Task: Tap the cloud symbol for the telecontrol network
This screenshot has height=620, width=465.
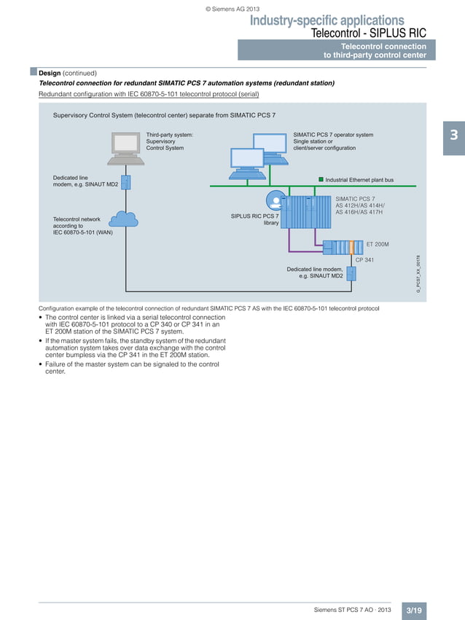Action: tap(125, 219)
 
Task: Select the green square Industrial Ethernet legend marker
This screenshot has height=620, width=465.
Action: tap(320, 178)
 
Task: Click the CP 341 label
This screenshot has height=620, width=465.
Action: tap(364, 259)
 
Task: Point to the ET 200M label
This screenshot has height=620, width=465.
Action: tap(377, 244)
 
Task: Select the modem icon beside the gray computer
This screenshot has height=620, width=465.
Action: tap(126, 181)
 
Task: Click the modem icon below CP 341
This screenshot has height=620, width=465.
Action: tap(351, 273)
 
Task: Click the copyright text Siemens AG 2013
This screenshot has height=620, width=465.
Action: tap(232, 9)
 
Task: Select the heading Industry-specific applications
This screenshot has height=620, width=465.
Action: tap(327, 20)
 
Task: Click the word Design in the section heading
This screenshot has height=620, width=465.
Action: tap(50, 73)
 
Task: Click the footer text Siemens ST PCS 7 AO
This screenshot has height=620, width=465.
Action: tap(352, 609)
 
